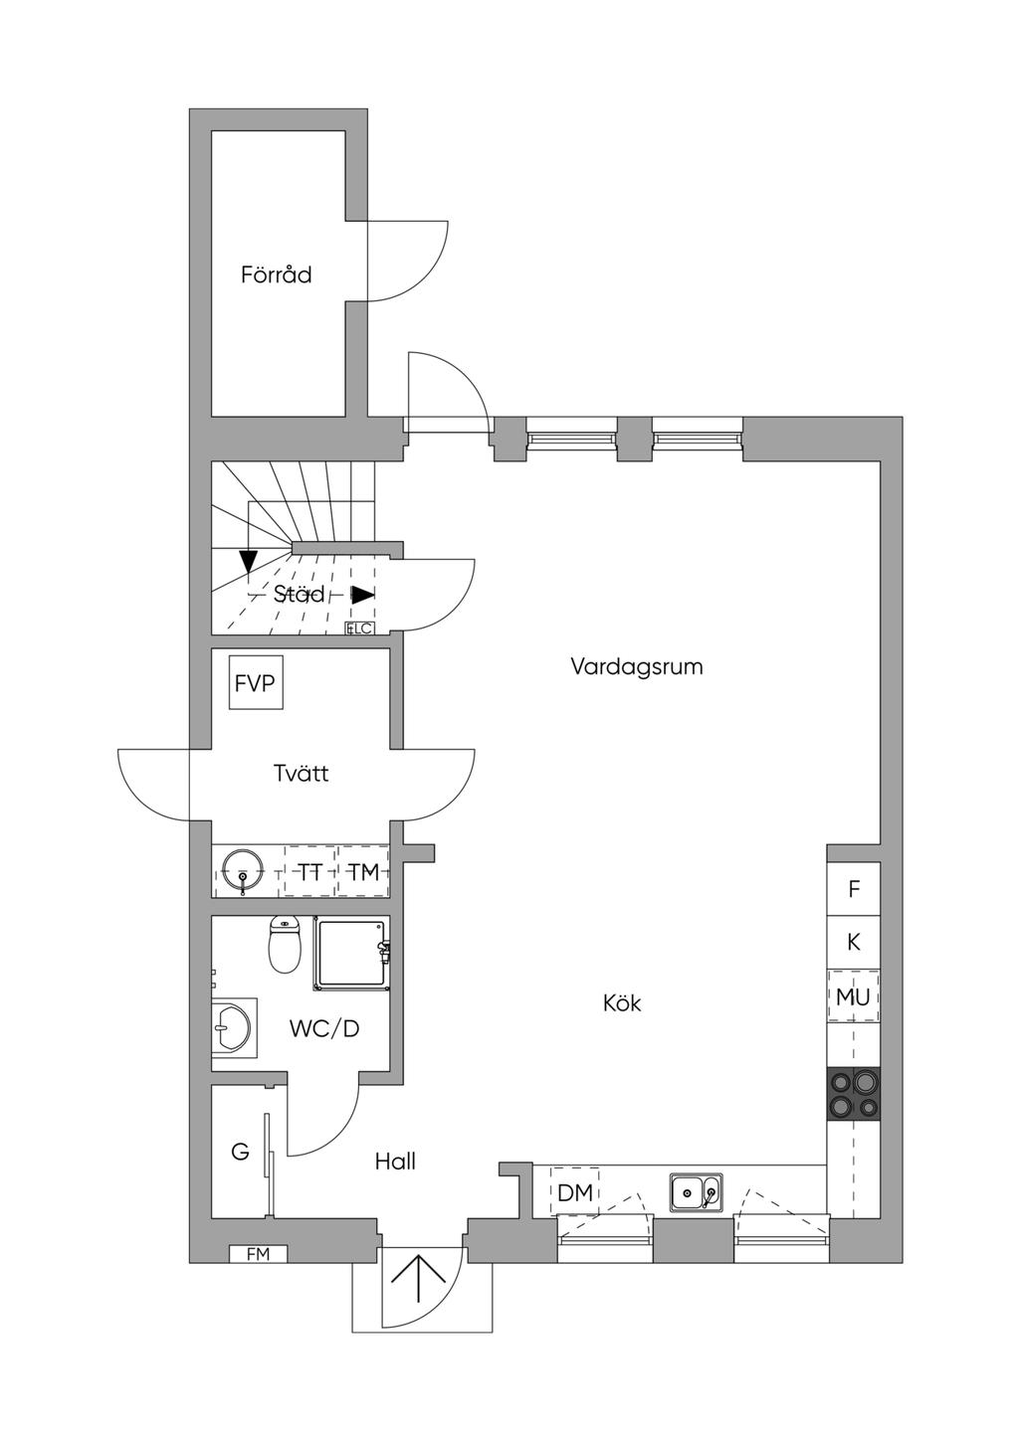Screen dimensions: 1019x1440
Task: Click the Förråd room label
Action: point(276,274)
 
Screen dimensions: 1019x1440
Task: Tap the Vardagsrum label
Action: point(637,666)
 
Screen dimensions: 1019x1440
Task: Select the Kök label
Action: point(622,1003)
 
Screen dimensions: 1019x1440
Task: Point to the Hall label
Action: point(395,1161)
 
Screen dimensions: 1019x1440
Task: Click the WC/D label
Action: point(324,1028)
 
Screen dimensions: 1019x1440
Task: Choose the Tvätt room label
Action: point(301,773)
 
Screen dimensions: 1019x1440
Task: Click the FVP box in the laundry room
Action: point(255,683)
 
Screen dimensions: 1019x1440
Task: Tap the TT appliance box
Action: point(310,872)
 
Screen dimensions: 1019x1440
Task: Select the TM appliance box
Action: point(363,872)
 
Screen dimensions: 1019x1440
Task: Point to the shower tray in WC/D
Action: point(350,954)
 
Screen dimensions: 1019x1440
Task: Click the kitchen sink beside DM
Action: point(696,1191)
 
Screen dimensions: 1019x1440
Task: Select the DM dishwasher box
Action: point(574,1192)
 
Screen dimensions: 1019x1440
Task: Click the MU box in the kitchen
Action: point(853,996)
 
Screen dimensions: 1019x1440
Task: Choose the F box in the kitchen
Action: point(853,889)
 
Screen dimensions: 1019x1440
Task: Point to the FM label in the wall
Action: point(258,1254)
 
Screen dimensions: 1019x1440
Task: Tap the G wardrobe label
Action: point(240,1152)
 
